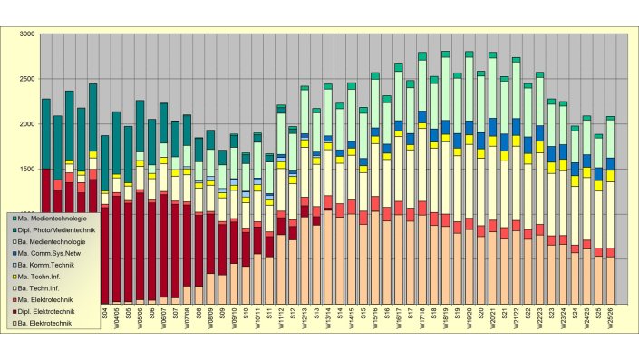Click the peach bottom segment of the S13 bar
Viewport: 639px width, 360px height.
316,264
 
